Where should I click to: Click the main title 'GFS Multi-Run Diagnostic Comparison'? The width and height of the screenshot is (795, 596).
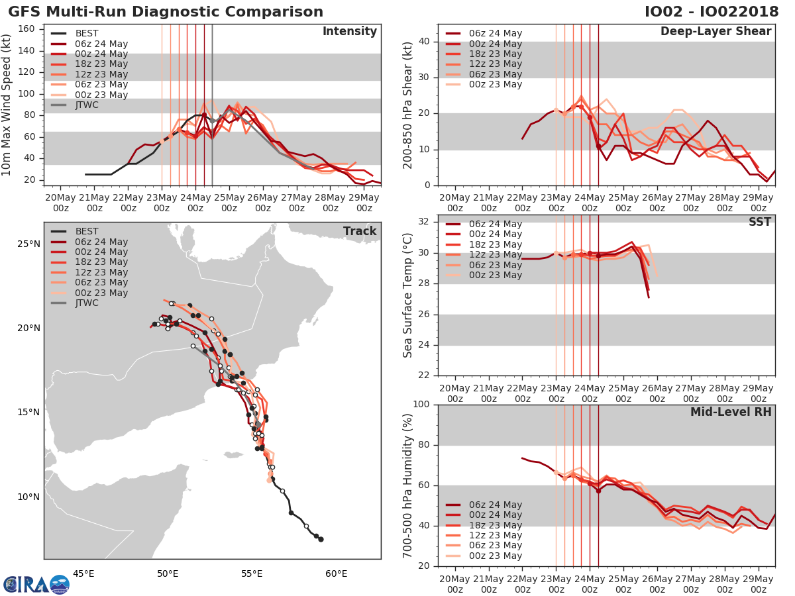(166, 12)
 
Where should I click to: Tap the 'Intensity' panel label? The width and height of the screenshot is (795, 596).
(349, 32)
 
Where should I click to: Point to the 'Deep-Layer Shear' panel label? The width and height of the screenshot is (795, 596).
(715, 32)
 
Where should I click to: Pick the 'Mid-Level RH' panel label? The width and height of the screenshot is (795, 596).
(731, 412)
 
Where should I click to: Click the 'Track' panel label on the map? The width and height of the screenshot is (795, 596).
(360, 231)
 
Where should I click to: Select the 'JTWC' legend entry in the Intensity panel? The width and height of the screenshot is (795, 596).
(87, 105)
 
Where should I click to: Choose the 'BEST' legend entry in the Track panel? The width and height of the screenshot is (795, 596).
(87, 231)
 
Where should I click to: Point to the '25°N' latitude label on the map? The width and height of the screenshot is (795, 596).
(28, 244)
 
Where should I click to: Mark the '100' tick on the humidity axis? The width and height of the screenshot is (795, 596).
(422, 405)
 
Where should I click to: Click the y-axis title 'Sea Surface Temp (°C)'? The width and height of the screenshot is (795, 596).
(409, 295)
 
